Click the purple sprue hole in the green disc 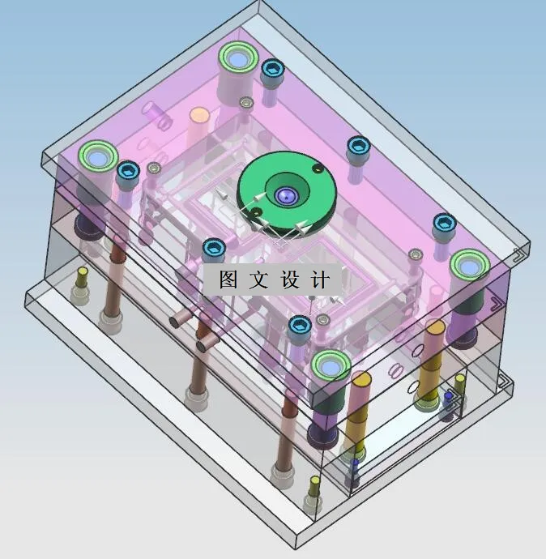point(284,194)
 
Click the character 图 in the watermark point(228,279)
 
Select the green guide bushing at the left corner point(99,156)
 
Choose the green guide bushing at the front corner point(331,366)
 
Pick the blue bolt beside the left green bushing point(127,171)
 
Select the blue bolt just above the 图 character point(213,247)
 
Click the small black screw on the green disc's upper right point(318,169)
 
